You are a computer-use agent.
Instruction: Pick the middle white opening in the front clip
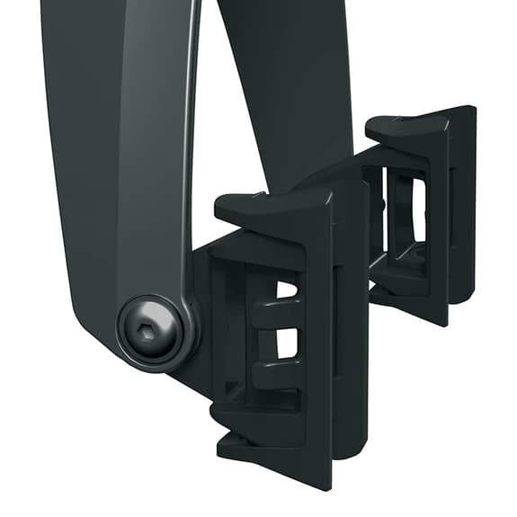coord(285,343)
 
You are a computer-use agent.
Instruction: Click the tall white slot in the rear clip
coord(417,208)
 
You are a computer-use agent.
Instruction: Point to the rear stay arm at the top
coord(288,63)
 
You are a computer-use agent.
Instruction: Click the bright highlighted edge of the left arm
coord(191,135)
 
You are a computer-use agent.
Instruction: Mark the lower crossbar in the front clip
coord(274,369)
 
